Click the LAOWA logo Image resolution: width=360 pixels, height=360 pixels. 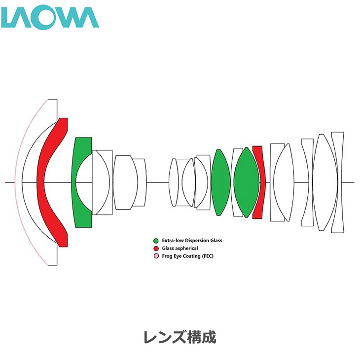(50, 18)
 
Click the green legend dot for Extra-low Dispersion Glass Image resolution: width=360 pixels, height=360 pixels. (156, 241)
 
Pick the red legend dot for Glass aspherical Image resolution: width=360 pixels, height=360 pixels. (156, 249)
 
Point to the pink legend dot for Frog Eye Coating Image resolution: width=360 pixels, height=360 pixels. (156, 256)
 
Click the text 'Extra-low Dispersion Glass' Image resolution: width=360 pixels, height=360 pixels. (192, 241)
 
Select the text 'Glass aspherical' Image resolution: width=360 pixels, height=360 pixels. (180, 249)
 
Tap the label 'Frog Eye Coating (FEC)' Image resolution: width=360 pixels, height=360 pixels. (188, 256)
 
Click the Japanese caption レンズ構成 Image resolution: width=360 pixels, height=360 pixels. (180, 337)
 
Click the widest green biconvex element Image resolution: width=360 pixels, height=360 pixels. (247, 182)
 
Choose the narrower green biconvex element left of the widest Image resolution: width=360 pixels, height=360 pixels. (220, 182)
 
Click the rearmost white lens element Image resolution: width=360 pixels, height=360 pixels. (337, 182)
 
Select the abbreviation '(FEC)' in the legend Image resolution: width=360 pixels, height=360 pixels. (208, 256)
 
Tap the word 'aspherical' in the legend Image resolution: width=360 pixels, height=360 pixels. (187, 249)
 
